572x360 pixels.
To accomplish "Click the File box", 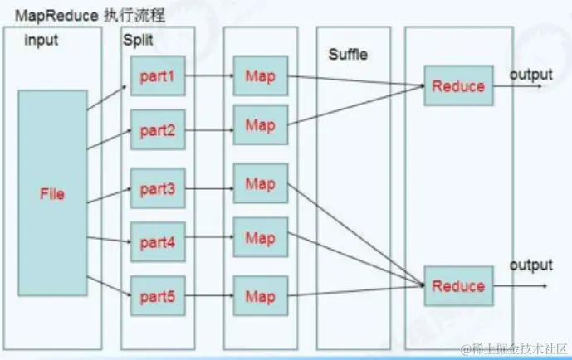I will tap(52, 194).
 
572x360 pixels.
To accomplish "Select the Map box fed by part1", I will tap(260, 76).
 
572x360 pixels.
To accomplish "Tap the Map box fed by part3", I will tap(260, 184).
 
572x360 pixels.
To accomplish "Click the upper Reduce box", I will tap(458, 85).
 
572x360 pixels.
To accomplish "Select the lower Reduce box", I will tap(458, 286).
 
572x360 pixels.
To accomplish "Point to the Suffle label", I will tap(347, 56).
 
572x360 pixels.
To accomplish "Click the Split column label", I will tap(138, 40).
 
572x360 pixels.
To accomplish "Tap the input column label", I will tap(42, 40).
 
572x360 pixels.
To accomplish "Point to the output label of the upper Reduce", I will tap(530, 75).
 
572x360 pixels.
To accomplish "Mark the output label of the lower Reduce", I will tap(530, 265).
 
